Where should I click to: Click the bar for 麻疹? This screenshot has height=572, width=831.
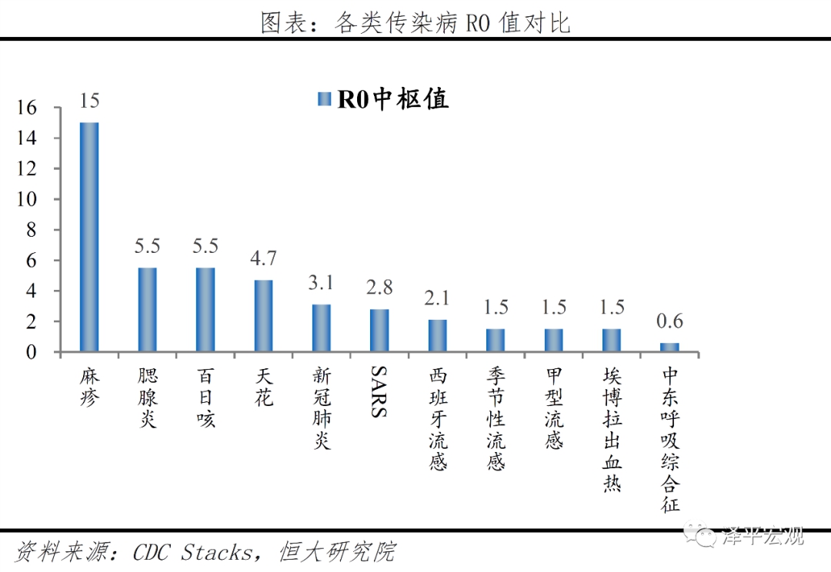[89, 237]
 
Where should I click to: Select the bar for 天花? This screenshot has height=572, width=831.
[264, 315]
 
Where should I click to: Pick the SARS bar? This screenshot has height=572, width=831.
[379, 331]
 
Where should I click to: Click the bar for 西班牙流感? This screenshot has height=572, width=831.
[438, 336]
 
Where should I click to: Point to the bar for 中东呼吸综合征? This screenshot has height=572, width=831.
[670, 348]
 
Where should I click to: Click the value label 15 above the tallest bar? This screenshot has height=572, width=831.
[89, 101]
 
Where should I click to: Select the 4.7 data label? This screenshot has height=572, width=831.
[264, 258]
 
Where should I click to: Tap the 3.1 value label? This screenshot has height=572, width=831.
[322, 283]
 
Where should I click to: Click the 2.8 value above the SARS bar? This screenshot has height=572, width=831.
[379, 288]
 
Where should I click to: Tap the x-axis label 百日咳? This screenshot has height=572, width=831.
[205, 397]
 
